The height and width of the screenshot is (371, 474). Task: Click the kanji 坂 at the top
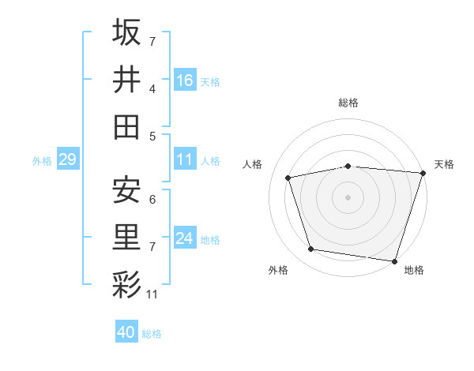pos(126,32)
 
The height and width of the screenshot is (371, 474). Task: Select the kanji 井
pos(126,80)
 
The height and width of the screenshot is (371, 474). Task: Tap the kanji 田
pos(126,127)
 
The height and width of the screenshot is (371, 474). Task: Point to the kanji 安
pos(126,189)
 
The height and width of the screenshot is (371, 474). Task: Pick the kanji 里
pos(126,237)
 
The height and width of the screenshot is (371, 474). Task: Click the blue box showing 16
pos(185,80)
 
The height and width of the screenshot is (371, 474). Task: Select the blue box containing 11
pos(185,159)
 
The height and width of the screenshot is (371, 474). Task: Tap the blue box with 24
pos(185,238)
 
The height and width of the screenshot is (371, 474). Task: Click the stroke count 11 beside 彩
pos(152,294)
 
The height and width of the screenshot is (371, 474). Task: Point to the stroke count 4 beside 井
pos(152,89)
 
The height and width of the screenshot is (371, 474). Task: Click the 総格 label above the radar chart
pos(348,103)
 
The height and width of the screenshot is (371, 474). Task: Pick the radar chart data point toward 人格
pos(288,178)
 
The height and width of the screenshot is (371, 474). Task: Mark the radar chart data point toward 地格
pos(394,260)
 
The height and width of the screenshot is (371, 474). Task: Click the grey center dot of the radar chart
pos(348,197)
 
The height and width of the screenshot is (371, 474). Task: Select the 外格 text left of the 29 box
pos(42,161)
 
